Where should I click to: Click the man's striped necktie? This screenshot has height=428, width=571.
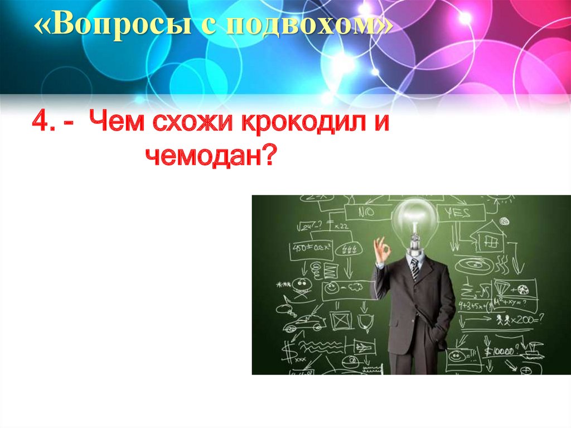(415, 268)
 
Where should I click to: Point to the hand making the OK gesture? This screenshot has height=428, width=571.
(381, 250)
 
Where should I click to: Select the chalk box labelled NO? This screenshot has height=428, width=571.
(367, 213)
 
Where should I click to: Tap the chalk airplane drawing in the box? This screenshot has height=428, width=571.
(362, 347)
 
